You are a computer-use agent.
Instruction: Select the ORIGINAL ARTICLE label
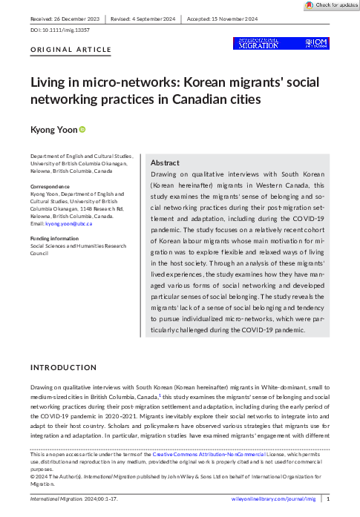pyautogui.click(x=71, y=50)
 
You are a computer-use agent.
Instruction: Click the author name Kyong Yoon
pyautogui.click(x=52, y=130)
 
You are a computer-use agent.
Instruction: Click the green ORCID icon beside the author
pyautogui.click(x=82, y=130)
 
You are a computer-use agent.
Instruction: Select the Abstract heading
pyautogui.click(x=165, y=162)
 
